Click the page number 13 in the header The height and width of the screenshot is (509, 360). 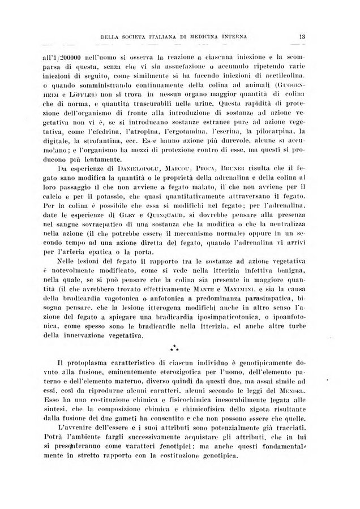pos(303,38)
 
